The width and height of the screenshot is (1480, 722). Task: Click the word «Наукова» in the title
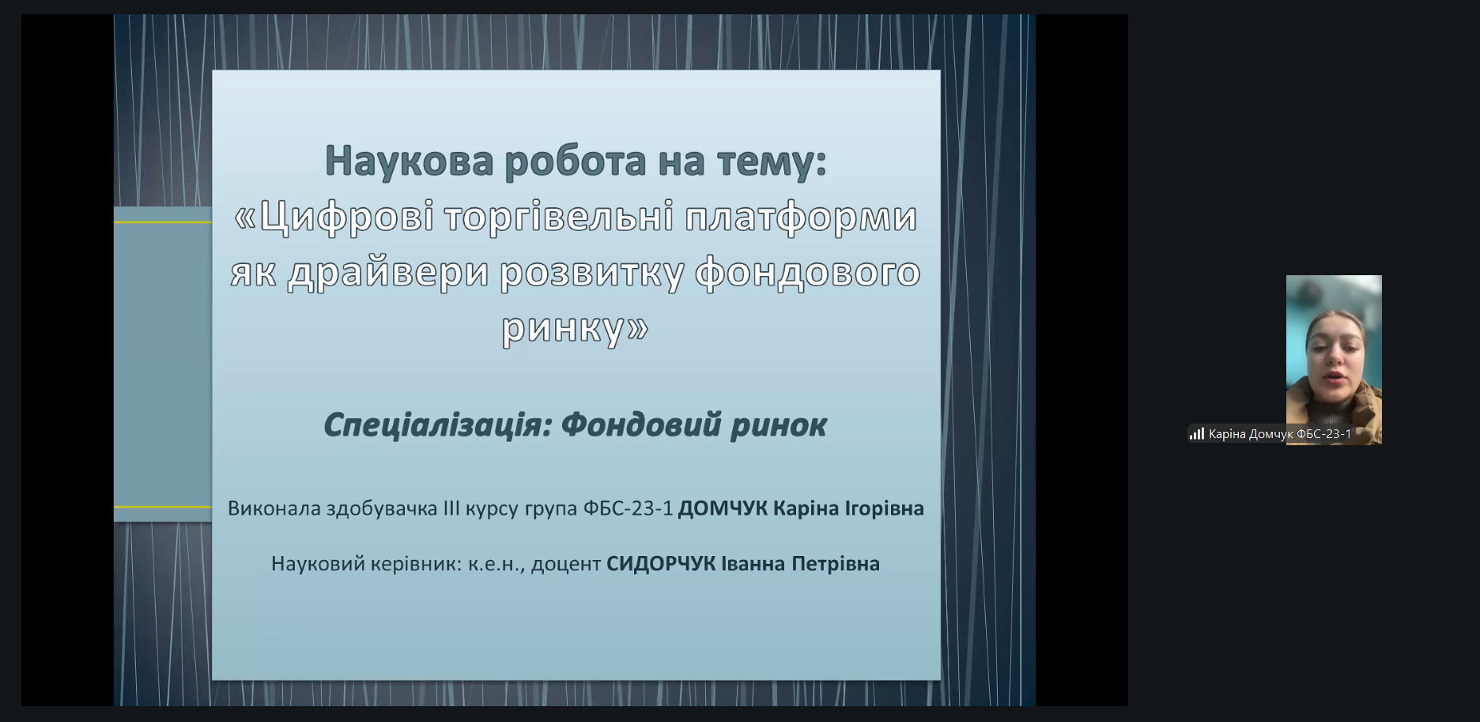point(410,161)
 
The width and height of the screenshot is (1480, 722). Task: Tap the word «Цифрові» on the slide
point(346,217)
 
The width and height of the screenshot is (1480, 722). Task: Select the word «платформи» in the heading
point(801,217)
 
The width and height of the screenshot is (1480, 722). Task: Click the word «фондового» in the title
point(808,273)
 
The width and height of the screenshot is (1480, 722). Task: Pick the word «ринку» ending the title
point(564,328)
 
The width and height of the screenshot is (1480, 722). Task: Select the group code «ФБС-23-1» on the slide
point(628,508)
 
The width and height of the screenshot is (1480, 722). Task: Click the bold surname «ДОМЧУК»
point(723,508)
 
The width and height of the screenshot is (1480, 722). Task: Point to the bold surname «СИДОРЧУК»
point(661,564)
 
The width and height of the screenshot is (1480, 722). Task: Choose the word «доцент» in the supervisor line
point(566,565)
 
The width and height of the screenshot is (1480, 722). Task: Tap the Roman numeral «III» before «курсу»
point(451,508)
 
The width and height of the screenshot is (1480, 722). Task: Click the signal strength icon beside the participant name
point(1197,433)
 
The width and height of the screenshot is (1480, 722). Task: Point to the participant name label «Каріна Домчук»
point(1251,434)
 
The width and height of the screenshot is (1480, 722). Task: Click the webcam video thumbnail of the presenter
point(1334,360)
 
